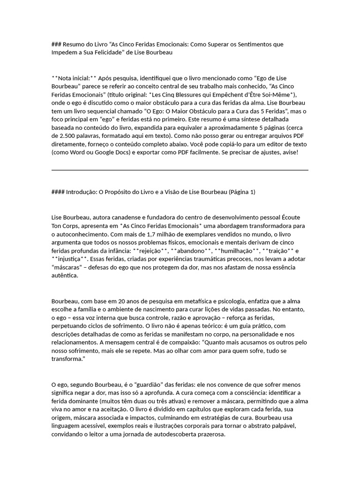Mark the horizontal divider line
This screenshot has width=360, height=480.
(180, 170)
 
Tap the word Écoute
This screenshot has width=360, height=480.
(299, 217)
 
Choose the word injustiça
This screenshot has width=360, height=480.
(70, 259)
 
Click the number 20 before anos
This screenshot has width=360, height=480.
(120, 301)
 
